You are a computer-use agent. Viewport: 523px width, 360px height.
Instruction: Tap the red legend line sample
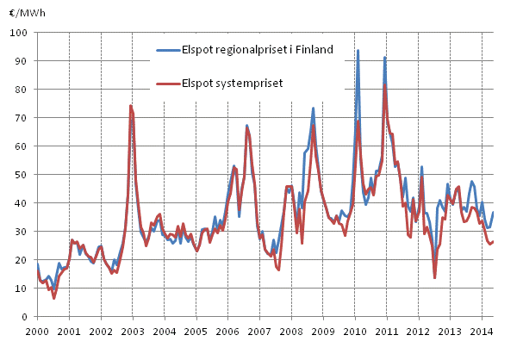tap(164, 83)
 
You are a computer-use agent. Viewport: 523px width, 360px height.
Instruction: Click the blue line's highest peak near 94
tap(358, 50)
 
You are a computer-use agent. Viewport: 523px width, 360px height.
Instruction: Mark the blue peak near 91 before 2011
tap(384, 57)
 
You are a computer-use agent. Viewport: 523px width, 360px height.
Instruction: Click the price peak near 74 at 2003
tap(130, 106)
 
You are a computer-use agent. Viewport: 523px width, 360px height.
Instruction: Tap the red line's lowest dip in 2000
tap(53, 298)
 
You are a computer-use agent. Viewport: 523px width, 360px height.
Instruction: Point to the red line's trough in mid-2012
tap(435, 277)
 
